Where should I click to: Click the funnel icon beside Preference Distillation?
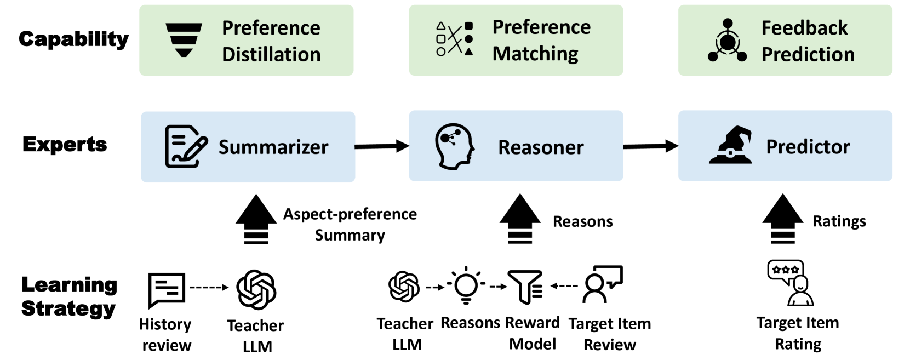[184, 40]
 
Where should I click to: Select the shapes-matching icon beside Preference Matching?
[454, 39]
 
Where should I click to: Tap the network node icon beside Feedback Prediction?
[727, 41]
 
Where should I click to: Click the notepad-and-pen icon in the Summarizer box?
[186, 146]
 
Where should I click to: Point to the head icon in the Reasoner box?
[454, 146]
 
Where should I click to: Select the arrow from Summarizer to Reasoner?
[382, 146]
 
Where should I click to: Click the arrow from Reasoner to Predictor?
[650, 146]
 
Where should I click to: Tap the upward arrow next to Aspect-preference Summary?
[256, 219]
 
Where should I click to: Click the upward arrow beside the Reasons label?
[520, 219]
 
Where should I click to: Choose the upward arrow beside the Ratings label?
[782, 219]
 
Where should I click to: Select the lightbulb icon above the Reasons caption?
[466, 285]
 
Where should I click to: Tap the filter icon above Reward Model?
[525, 287]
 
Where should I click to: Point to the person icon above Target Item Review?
[601, 284]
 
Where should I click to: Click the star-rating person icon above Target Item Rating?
[791, 283]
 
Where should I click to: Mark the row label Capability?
[73, 39]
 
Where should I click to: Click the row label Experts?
[65, 145]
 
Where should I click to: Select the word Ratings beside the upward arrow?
[839, 221]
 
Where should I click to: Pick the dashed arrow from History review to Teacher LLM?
[209, 287]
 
